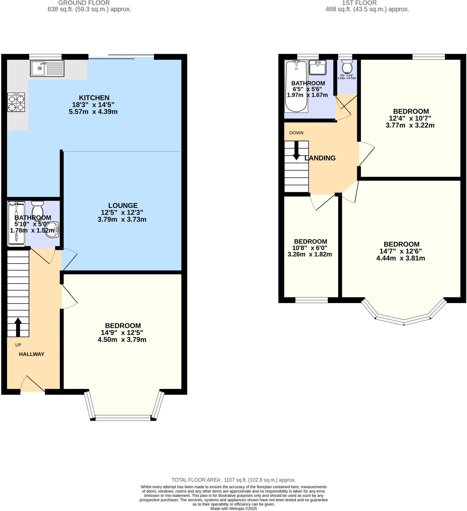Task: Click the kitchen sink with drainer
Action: (x=47, y=68)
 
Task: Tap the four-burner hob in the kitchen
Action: (x=16, y=102)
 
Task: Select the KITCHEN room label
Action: (x=94, y=98)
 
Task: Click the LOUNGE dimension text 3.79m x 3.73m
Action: (x=122, y=220)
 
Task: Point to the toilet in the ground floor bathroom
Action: (x=37, y=208)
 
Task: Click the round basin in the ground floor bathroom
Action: (x=52, y=230)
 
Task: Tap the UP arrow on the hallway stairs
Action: (x=18, y=327)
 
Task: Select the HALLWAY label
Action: (x=31, y=354)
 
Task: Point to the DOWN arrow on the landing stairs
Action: (x=296, y=150)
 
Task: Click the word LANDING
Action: (x=320, y=158)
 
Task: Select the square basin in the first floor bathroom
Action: (x=318, y=67)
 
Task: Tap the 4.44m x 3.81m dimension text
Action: (x=401, y=258)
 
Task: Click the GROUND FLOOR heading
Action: (x=84, y=3)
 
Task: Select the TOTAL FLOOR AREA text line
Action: (x=233, y=480)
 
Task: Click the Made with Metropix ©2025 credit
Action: (x=233, y=509)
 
